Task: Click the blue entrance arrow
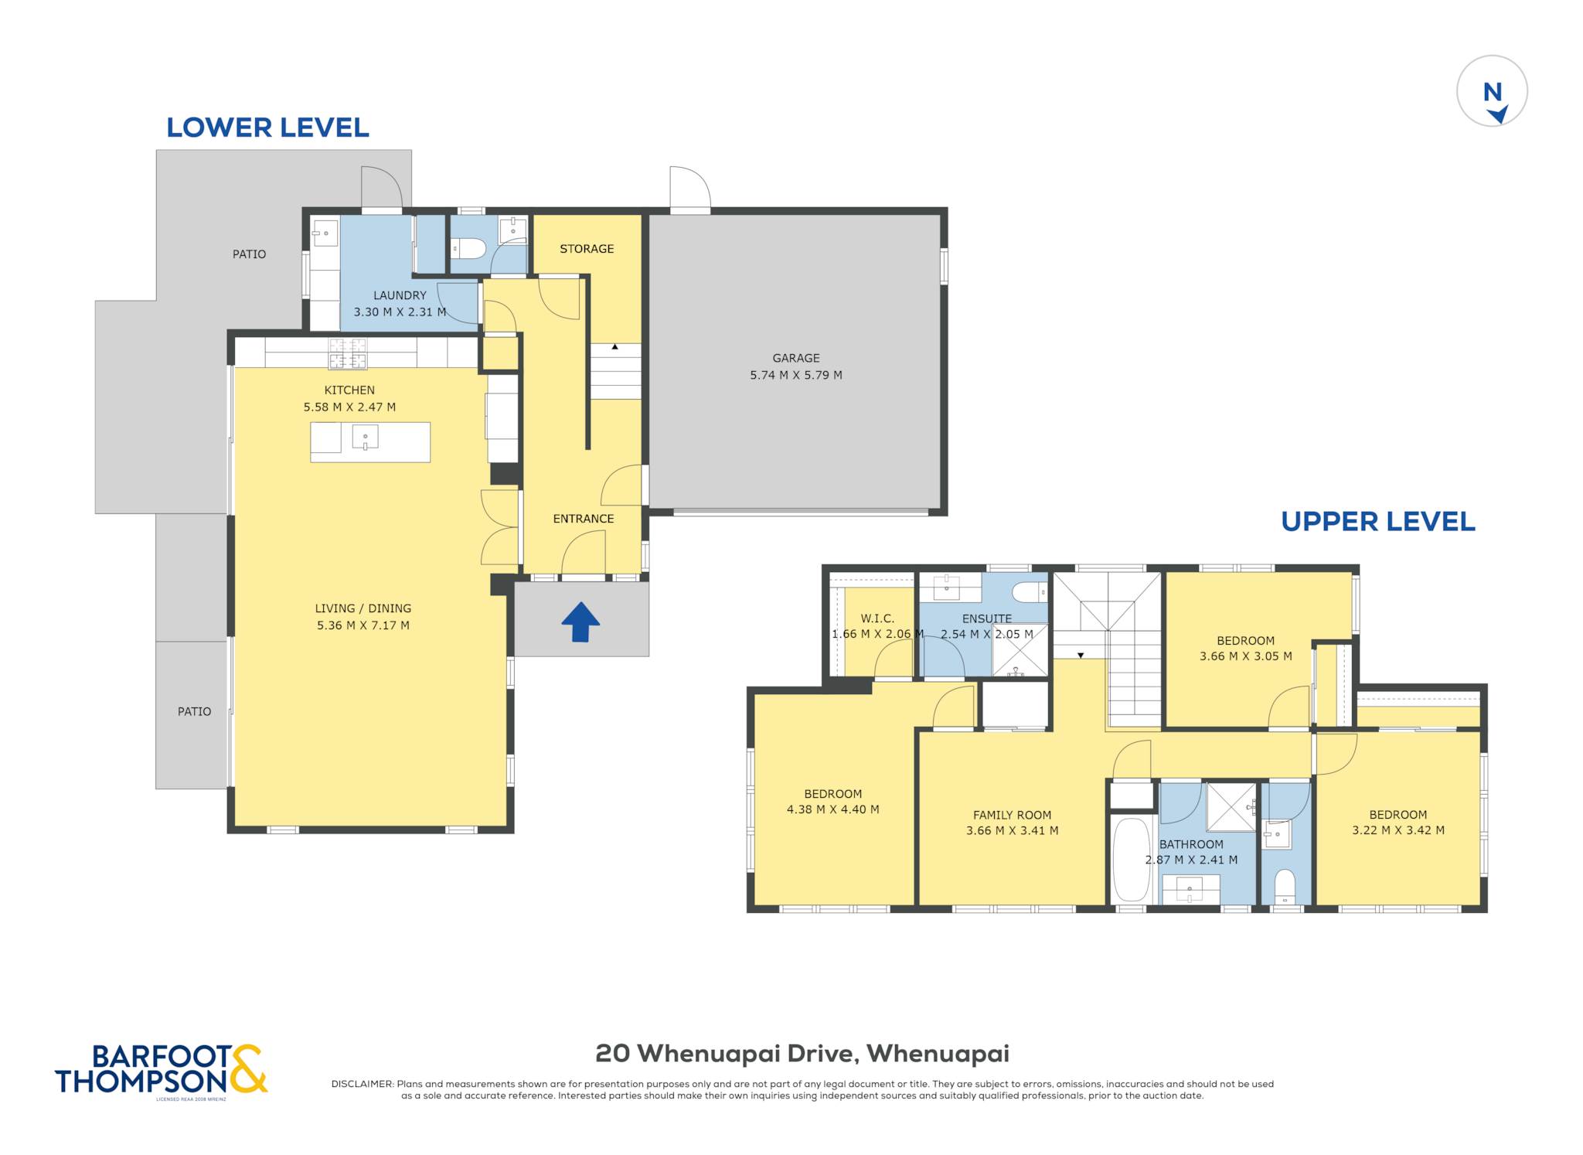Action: pos(580,622)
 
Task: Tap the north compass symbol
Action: pos(1492,90)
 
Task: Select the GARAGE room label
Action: pos(796,358)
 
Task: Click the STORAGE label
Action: pos(587,249)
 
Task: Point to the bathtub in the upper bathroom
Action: pos(1132,859)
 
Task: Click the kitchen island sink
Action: pos(365,438)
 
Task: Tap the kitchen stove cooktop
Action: pos(348,354)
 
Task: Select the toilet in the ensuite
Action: pos(1030,593)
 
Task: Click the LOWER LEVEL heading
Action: pos(267,128)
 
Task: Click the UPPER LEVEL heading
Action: pos(1378,522)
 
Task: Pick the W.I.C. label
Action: pos(877,618)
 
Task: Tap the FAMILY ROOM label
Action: pos(1012,815)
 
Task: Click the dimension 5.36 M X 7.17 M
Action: pos(363,625)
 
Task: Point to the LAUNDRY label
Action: pos(400,295)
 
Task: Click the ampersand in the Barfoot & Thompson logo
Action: pos(248,1068)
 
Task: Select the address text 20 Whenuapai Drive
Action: pos(724,1054)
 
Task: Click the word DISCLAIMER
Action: pos(362,1084)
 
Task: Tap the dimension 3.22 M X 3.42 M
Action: pos(1398,830)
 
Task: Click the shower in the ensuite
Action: pos(1020,650)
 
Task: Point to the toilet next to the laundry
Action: pos(468,248)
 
